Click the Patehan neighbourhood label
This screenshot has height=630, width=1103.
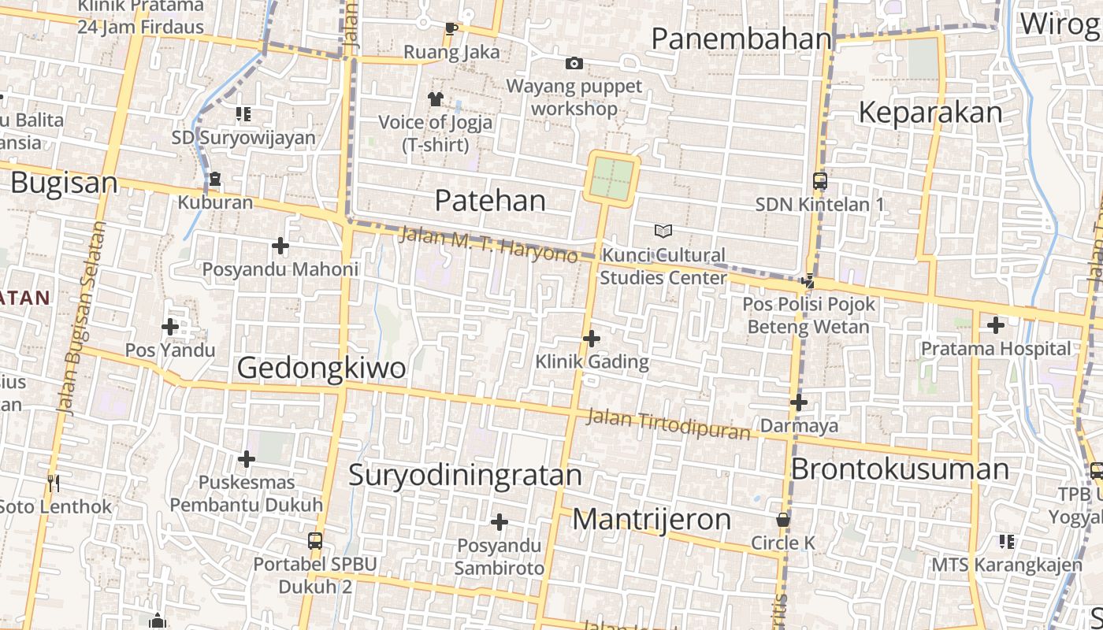pyautogui.click(x=490, y=201)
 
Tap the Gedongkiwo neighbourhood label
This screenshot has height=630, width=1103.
pyautogui.click(x=321, y=368)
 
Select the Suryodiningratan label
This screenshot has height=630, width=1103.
pyautogui.click(x=465, y=475)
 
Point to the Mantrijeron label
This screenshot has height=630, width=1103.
pyautogui.click(x=652, y=520)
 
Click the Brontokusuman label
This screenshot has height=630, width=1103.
pyautogui.click(x=900, y=469)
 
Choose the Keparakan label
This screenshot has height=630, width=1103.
pyautogui.click(x=930, y=113)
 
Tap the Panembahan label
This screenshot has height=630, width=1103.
pyautogui.click(x=741, y=39)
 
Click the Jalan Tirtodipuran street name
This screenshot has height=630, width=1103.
pyautogui.click(x=668, y=425)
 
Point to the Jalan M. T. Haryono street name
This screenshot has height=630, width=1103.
pyautogui.click(x=488, y=244)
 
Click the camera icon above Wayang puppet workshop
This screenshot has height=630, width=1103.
pyautogui.click(x=574, y=63)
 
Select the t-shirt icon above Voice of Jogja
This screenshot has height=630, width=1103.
pyautogui.click(x=435, y=98)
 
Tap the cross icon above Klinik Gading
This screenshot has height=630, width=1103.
pyautogui.click(x=592, y=339)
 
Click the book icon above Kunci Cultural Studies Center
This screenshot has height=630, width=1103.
pyautogui.click(x=663, y=231)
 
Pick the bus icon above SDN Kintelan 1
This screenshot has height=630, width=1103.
pyautogui.click(x=819, y=181)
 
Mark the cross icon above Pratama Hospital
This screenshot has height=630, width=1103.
pyautogui.click(x=996, y=324)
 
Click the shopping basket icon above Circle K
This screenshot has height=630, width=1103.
pyautogui.click(x=783, y=520)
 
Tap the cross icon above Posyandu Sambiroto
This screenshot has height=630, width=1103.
pyautogui.click(x=499, y=522)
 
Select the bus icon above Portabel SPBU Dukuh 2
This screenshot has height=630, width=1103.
pyautogui.click(x=315, y=541)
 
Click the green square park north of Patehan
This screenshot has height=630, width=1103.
pyautogui.click(x=612, y=179)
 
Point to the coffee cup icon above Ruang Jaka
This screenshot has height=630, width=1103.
pyautogui.click(x=451, y=28)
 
